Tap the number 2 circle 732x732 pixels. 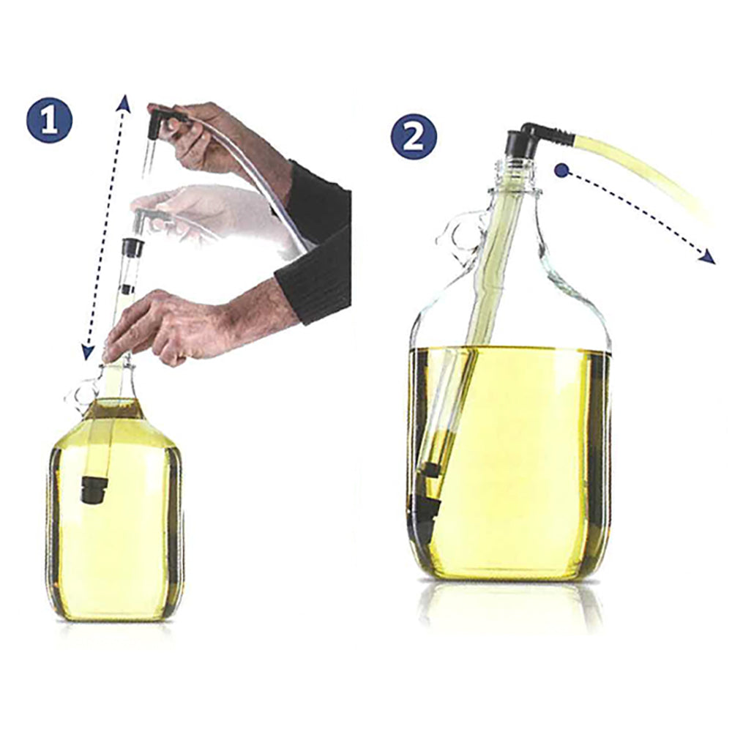[414, 137]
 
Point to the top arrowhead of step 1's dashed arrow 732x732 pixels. [125, 102]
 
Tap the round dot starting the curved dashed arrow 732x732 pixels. [562, 171]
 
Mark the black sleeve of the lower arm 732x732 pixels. [315, 285]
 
